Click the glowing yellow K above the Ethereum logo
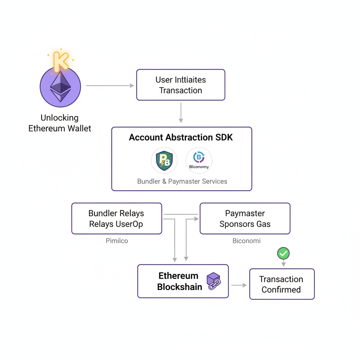pyautogui.click(x=61, y=62)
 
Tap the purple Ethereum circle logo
pyautogui.click(x=60, y=86)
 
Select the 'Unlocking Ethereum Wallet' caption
pyautogui.click(x=60, y=123)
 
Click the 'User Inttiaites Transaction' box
pyautogui.click(x=180, y=85)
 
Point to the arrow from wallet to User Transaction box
pyautogui.click(x=110, y=85)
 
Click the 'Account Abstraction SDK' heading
pyautogui.click(x=181, y=137)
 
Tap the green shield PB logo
pyautogui.click(x=164, y=161)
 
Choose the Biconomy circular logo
pyautogui.click(x=199, y=160)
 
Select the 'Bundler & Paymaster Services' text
pyautogui.click(x=182, y=181)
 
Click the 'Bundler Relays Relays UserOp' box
pyautogui.click(x=116, y=218)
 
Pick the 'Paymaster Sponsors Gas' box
pyautogui.click(x=245, y=218)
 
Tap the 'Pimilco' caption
pyautogui.click(x=117, y=241)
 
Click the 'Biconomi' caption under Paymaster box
pyautogui.click(x=246, y=241)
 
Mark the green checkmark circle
pyautogui.click(x=283, y=253)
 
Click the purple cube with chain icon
pyautogui.click(x=213, y=281)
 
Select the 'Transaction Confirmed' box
pyautogui.click(x=282, y=284)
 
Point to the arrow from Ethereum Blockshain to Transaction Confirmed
pyautogui.click(x=239, y=285)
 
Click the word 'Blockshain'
pyautogui.click(x=180, y=287)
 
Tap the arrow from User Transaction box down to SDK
pyautogui.click(x=181, y=112)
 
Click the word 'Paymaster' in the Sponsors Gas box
pyautogui.click(x=245, y=213)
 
